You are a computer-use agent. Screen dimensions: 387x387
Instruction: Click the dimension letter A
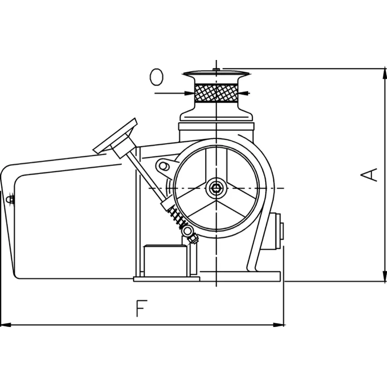370,175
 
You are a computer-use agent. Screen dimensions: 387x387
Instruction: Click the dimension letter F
141,309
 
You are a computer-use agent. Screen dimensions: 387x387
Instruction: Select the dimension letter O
156,76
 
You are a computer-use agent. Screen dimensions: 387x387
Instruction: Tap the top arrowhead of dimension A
385,74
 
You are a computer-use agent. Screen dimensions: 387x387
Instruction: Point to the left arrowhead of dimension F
6,324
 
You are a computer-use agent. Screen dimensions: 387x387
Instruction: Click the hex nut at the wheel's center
216,188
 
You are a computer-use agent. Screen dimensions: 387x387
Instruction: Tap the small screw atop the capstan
216,71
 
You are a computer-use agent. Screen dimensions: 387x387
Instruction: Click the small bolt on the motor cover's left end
9,198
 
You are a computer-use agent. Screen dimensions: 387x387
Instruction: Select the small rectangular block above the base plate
165,261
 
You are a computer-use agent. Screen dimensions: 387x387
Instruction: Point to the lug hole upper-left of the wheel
164,166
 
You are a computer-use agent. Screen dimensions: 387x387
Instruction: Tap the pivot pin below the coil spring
187,232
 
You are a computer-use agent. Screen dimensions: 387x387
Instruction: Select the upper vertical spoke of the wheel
216,164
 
